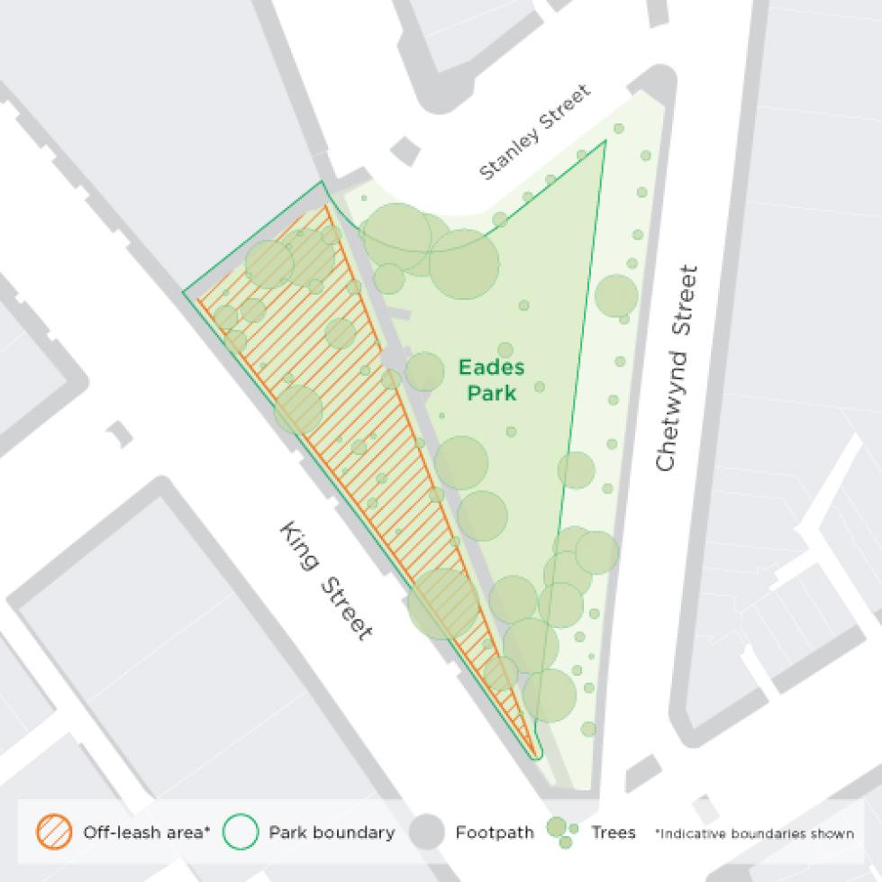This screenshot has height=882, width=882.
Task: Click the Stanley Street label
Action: [535, 132]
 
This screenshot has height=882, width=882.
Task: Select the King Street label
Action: [325, 580]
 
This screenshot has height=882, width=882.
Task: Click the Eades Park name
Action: [491, 379]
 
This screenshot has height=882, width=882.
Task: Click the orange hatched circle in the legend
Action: [54, 832]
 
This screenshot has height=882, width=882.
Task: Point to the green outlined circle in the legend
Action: [241, 832]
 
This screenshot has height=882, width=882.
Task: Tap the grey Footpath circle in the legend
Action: [427, 832]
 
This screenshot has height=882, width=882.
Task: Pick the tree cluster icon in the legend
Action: [561, 832]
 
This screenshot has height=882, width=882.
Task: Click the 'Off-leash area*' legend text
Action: [146, 832]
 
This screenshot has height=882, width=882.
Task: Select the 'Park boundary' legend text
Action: [332, 832]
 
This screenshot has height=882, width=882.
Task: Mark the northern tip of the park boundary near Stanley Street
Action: [605, 141]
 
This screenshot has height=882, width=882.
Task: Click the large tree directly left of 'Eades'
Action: [425, 371]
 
